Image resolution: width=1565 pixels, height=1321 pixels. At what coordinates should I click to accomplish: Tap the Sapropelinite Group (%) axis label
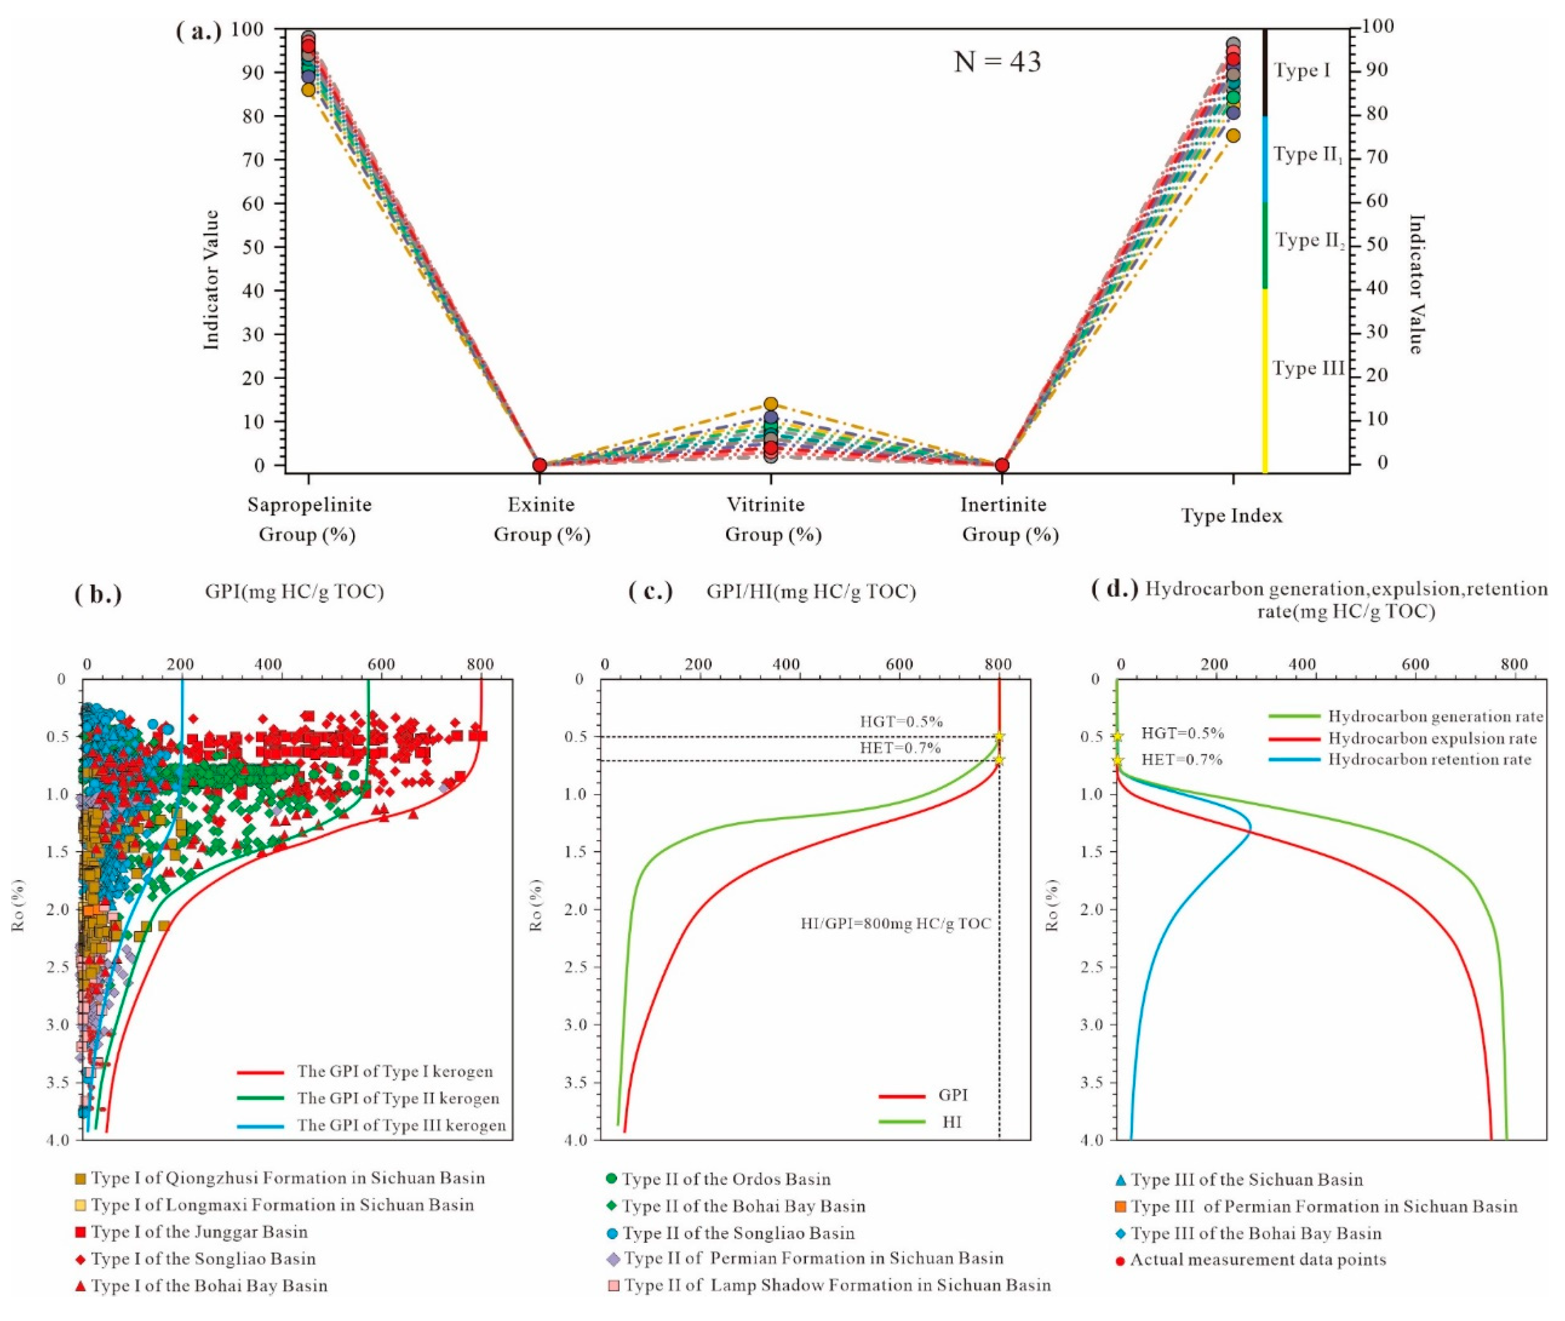(309, 519)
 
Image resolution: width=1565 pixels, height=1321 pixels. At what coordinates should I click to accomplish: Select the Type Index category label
(1232, 516)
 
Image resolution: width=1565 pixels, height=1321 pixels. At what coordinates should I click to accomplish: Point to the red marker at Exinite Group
(539, 465)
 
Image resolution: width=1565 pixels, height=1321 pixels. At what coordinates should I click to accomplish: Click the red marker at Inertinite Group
(1002, 465)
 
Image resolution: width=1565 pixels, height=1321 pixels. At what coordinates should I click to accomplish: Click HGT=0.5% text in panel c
(901, 722)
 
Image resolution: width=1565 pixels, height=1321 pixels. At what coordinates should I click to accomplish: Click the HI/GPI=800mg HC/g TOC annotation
(896, 923)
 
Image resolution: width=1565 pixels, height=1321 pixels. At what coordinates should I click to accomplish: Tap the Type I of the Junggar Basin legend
(199, 1232)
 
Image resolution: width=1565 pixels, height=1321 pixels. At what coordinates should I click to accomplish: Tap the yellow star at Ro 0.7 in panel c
(999, 760)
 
